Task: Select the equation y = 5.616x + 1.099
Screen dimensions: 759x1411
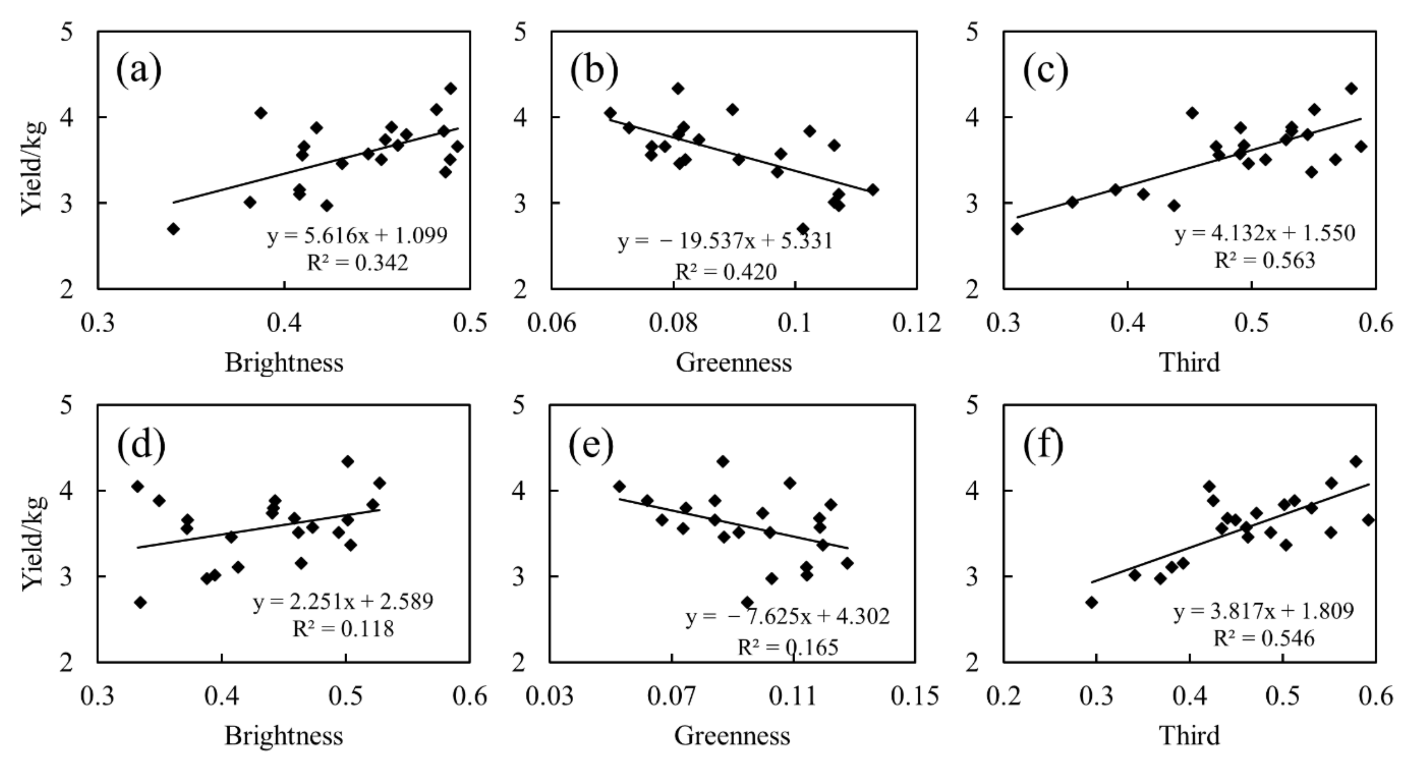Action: coord(357,235)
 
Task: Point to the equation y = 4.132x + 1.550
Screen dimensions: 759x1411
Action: coord(1265,234)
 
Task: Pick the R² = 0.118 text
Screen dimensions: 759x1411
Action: coord(343,629)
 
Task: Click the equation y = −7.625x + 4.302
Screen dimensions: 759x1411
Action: coord(787,617)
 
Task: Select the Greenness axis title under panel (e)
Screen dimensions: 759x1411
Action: coord(732,736)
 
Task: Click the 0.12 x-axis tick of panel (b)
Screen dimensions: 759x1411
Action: coord(916,323)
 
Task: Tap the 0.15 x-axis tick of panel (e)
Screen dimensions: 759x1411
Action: coord(914,696)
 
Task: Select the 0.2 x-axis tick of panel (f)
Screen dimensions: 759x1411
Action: coord(1003,696)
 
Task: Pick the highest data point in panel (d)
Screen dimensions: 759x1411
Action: coord(347,462)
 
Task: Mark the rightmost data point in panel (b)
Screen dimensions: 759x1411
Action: coord(873,190)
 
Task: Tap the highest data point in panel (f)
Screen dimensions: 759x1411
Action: coord(1355,462)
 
